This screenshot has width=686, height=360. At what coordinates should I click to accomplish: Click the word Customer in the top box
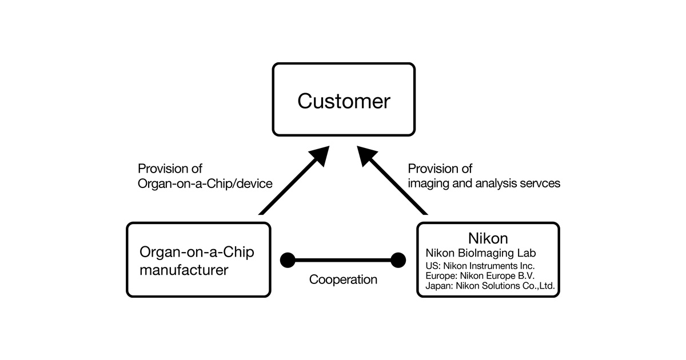click(x=344, y=101)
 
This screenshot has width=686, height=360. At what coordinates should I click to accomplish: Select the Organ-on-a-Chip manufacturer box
click(x=198, y=260)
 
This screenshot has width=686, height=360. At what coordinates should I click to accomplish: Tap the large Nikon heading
click(x=488, y=238)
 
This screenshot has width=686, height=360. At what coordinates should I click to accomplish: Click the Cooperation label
click(x=343, y=280)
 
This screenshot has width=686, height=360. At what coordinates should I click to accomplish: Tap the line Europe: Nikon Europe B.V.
click(x=480, y=275)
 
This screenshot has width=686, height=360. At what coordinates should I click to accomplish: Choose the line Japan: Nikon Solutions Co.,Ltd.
click(x=490, y=285)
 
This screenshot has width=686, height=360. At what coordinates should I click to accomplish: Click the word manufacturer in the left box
click(x=184, y=270)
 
